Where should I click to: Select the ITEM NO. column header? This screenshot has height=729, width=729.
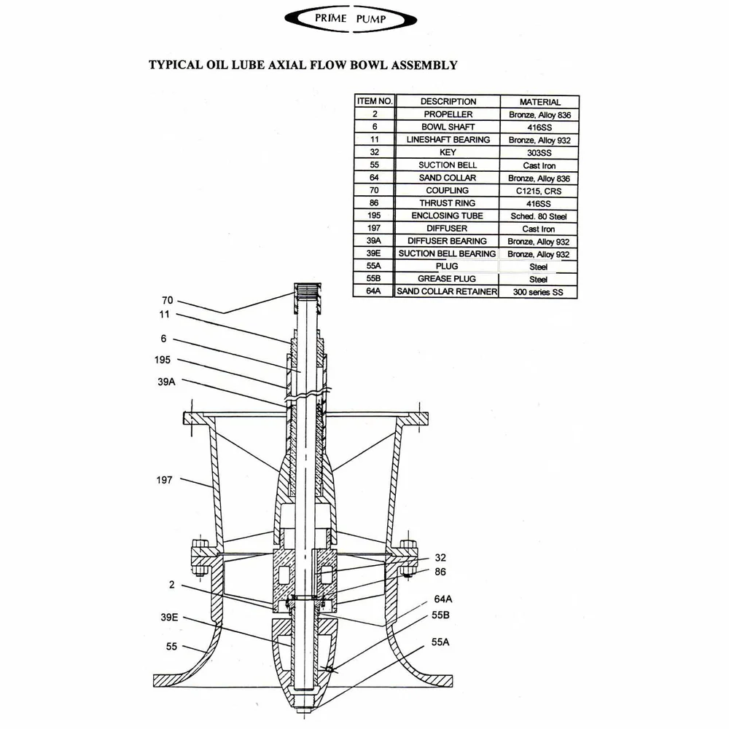(375, 102)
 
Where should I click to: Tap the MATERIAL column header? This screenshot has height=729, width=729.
(539, 102)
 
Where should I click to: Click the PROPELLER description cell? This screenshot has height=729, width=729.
(448, 114)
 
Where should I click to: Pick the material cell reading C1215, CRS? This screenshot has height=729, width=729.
(539, 191)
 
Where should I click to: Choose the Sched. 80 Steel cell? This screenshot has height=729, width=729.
(539, 216)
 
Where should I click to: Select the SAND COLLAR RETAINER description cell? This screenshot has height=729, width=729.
(447, 292)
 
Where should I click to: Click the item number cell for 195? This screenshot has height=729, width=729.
(375, 216)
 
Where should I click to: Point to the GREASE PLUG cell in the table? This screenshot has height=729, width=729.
(447, 279)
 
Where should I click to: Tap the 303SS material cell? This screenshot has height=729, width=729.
(539, 153)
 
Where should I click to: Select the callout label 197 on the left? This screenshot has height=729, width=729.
(165, 480)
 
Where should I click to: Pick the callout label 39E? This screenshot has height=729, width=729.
(168, 617)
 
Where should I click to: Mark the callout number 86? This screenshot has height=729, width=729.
(440, 572)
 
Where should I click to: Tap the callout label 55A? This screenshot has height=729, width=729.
(443, 642)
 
